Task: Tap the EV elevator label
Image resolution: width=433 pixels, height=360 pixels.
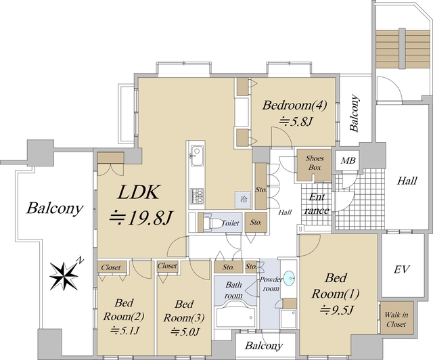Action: [x=402, y=269]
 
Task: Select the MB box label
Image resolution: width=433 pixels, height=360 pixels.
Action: [x=348, y=161]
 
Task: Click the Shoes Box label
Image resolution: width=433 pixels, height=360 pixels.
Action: [x=315, y=163]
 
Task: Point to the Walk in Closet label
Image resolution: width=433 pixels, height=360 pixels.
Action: [x=395, y=319]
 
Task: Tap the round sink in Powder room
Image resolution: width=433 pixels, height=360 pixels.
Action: [x=288, y=277]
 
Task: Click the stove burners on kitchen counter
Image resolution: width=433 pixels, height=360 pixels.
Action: [x=197, y=196]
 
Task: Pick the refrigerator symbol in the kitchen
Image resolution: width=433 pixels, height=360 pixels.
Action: [x=242, y=200]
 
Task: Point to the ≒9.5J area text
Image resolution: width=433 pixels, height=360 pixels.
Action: [x=336, y=311]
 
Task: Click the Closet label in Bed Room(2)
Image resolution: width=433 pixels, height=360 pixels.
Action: [x=111, y=267]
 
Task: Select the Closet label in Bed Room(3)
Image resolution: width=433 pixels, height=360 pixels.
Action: [x=167, y=267]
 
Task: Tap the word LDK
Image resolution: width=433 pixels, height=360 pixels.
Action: [x=139, y=193]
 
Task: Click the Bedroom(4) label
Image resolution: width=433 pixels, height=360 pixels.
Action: [x=295, y=106]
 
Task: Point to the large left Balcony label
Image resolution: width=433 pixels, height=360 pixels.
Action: [x=55, y=208]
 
